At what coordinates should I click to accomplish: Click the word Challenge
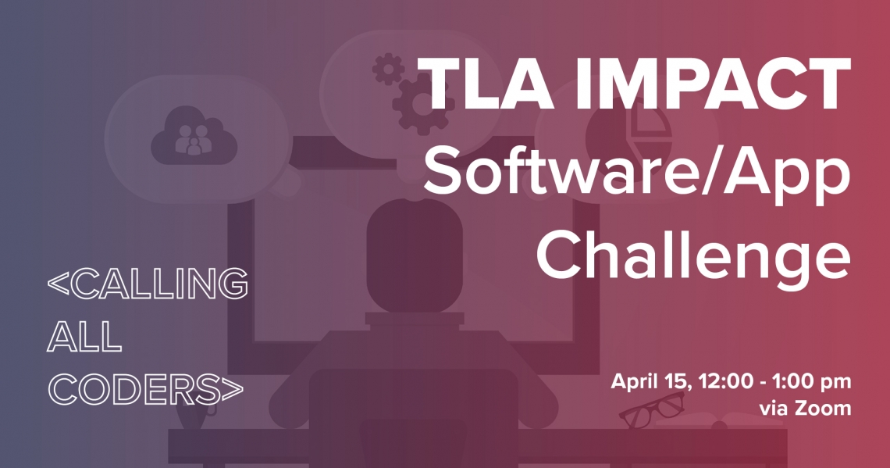(693, 252)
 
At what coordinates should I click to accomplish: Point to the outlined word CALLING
(148, 284)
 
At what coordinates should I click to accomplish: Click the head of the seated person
(415, 255)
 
